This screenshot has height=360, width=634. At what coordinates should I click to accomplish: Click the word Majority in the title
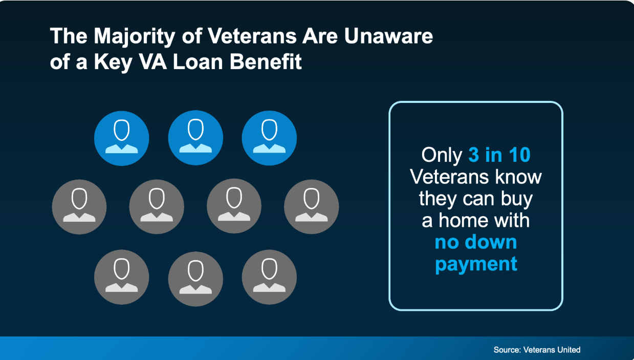(134, 37)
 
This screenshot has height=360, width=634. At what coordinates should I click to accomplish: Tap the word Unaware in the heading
(388, 36)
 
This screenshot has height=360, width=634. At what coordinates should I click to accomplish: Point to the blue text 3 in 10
(499, 155)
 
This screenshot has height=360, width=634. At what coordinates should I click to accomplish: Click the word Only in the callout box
(442, 155)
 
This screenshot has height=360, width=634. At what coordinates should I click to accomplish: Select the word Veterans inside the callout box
(449, 177)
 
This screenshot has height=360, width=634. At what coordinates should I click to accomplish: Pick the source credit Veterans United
(552, 350)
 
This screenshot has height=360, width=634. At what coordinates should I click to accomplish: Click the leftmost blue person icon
(122, 138)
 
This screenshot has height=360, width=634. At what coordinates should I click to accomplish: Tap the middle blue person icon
(195, 138)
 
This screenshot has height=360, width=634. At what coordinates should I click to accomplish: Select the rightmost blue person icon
(269, 138)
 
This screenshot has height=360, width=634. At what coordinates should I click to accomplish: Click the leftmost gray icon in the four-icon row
(79, 207)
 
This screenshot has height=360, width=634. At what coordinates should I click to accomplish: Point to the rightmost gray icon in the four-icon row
(312, 206)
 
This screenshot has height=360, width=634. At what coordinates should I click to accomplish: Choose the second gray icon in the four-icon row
(157, 206)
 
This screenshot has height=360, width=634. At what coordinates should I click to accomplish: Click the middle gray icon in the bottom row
(195, 279)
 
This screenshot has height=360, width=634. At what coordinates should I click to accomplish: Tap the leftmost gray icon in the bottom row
(122, 277)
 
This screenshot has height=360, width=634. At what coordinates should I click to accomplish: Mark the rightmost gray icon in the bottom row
(269, 277)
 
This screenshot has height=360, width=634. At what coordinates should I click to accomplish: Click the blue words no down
(476, 242)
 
